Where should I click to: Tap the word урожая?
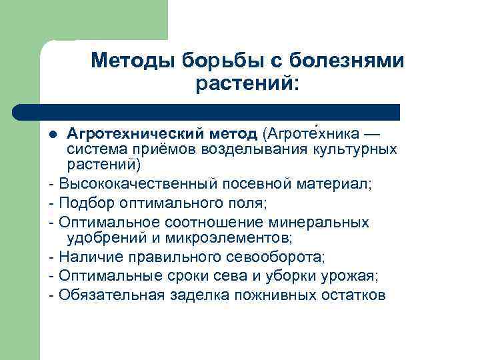click(x=354, y=275)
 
